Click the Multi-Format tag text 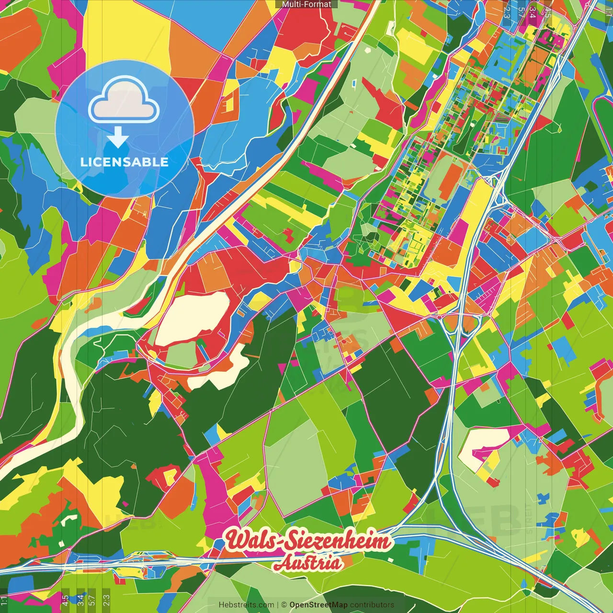(306, 4)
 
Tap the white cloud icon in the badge (124, 104)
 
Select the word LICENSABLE (124, 162)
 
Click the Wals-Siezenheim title (309, 542)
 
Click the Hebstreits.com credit (246, 605)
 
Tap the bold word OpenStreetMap (318, 605)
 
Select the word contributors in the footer (372, 605)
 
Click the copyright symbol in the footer (284, 605)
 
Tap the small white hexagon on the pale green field (367, 50)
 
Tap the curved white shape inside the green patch (70, 519)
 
